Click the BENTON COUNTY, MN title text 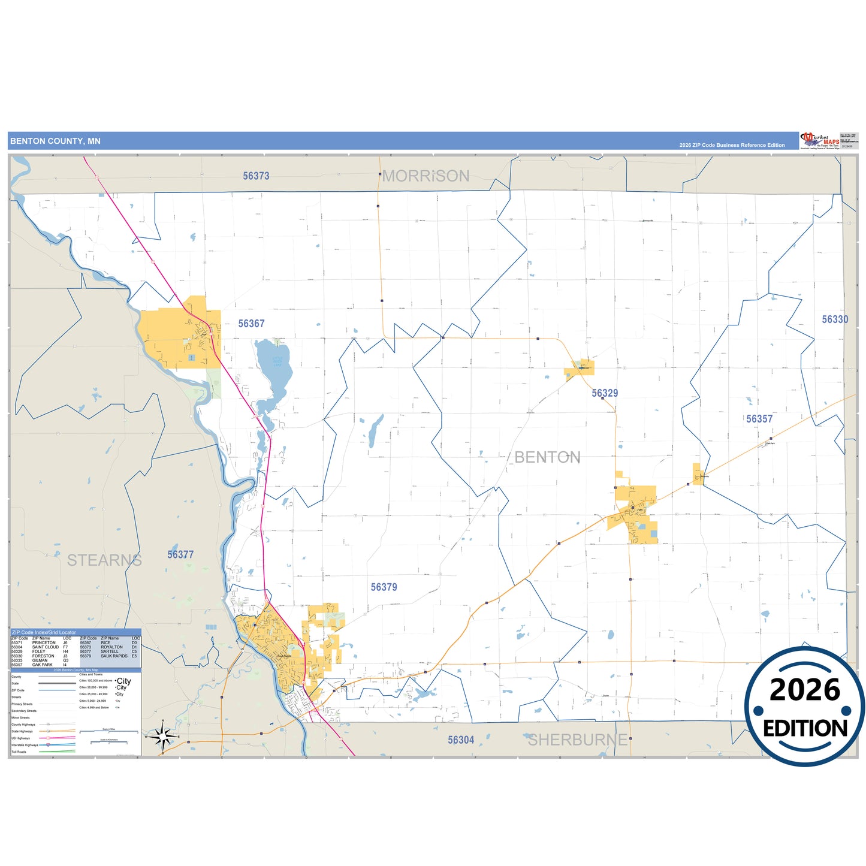[55, 141]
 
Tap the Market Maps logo [820, 141]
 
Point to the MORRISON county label [426, 176]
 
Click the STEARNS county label [104, 560]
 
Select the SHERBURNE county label [577, 740]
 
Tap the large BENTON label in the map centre [547, 458]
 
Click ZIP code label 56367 [251, 324]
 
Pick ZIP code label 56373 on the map [256, 176]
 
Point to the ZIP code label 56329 [605, 393]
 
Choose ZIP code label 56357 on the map [759, 419]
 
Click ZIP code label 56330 [835, 319]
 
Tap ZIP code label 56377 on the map [180, 555]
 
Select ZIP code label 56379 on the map [384, 587]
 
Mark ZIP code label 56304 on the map [461, 740]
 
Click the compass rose [162, 736]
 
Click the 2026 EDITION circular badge [804, 707]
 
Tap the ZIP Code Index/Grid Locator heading [44, 632]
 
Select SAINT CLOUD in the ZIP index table [46, 647]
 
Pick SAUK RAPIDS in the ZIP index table [114, 656]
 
